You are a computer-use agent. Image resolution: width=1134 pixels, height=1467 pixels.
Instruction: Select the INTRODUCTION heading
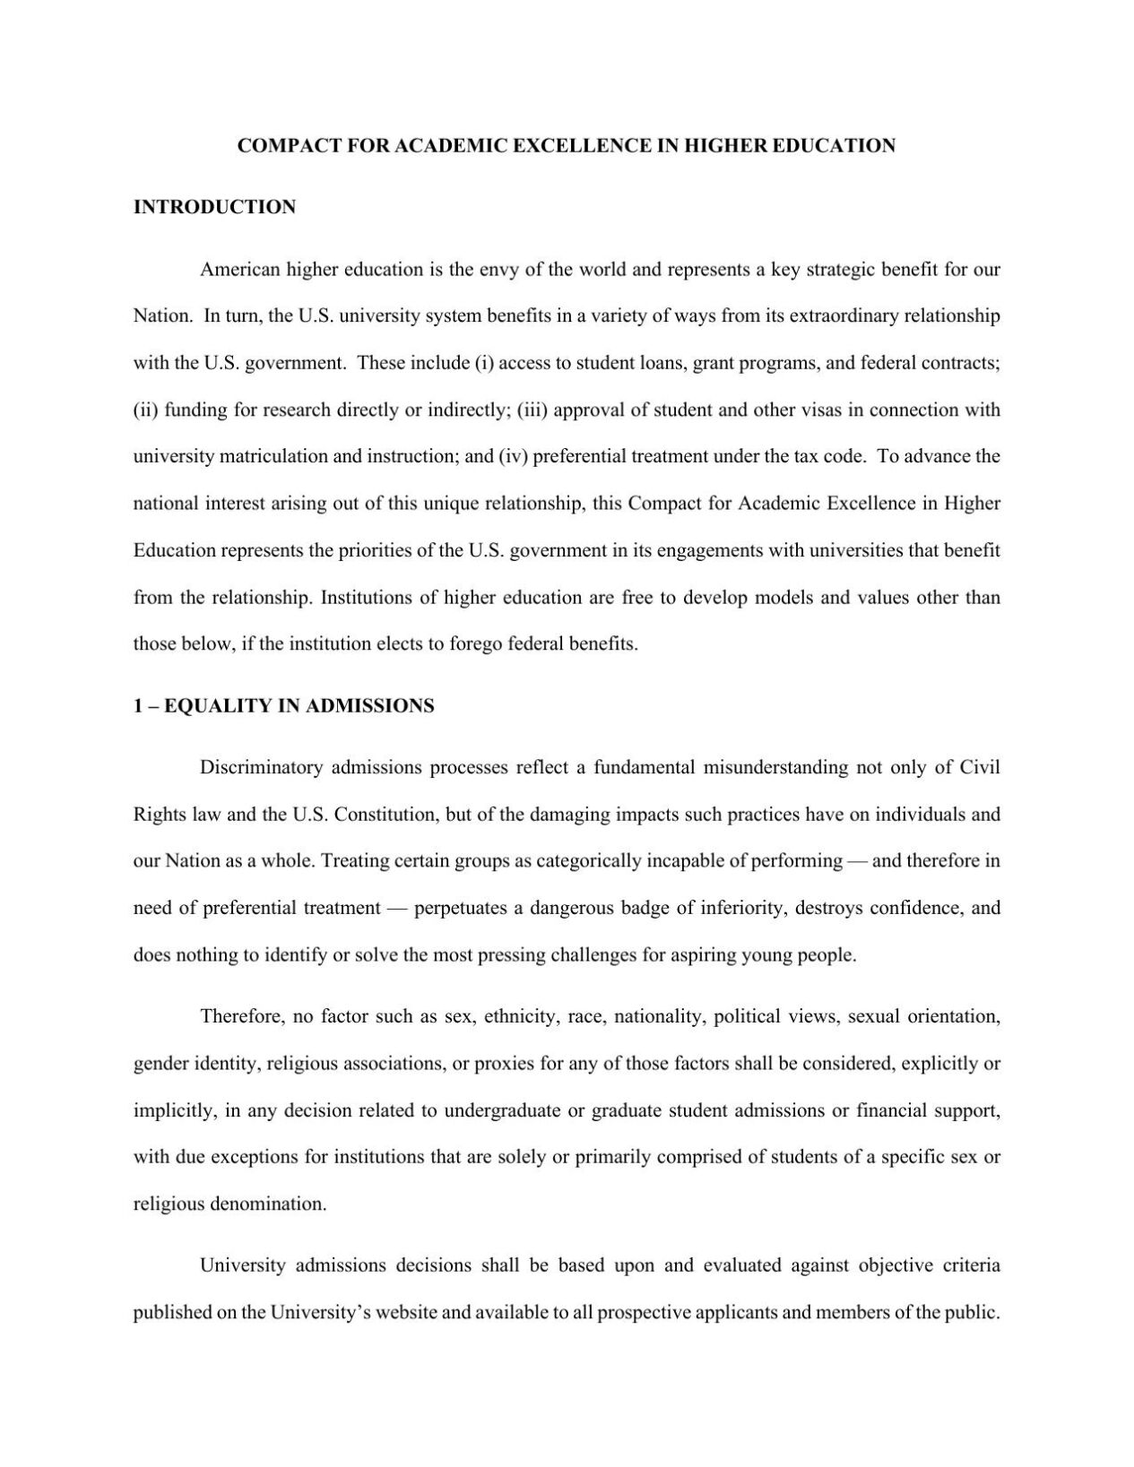tap(214, 207)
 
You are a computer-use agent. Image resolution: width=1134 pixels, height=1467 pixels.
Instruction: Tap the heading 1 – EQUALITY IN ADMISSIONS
tap(283, 706)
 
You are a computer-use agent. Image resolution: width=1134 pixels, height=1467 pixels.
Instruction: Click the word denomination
tap(268, 1204)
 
